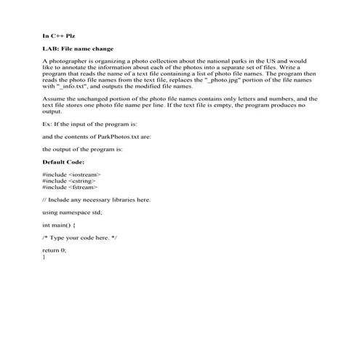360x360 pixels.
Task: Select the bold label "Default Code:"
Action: [63, 161]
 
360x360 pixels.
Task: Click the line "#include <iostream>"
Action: [71, 175]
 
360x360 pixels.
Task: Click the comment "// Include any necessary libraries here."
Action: [96, 199]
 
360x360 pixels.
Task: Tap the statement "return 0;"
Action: [55, 250]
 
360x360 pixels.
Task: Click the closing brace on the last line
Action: [44, 257]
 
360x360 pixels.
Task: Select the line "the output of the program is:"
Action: [82, 149]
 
